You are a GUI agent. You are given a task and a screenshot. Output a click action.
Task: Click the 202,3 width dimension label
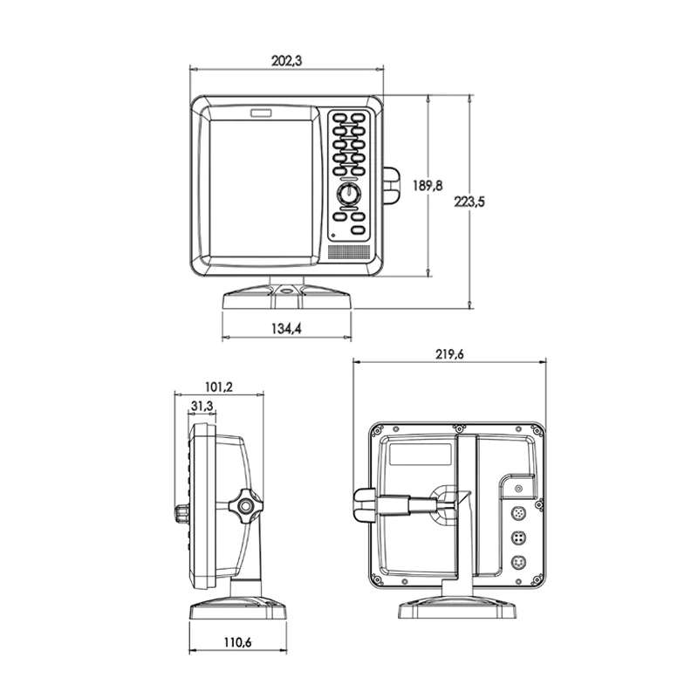click(286, 61)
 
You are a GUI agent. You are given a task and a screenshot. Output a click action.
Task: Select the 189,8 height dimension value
click(428, 185)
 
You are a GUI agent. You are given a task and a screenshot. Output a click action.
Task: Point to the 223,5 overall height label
click(469, 202)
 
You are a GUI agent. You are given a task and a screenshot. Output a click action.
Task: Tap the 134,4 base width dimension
click(286, 329)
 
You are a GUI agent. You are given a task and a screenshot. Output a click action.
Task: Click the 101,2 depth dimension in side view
click(218, 387)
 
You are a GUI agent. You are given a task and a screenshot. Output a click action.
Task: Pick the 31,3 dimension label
click(202, 406)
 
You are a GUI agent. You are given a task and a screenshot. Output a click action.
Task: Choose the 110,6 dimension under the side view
click(237, 643)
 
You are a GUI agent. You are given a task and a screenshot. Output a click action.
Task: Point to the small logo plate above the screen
click(261, 113)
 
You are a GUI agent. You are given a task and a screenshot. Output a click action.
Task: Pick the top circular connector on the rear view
click(517, 512)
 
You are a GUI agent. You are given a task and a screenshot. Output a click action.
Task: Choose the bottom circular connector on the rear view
click(517, 563)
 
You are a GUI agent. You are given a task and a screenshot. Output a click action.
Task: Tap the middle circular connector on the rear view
click(517, 537)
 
